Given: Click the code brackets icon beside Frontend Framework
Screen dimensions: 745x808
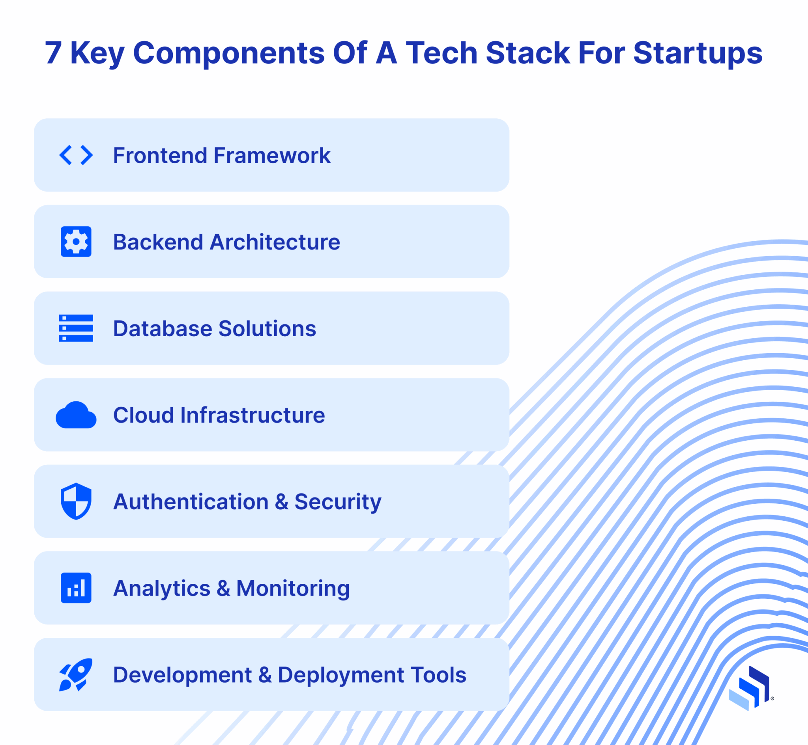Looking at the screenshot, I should point(76,155).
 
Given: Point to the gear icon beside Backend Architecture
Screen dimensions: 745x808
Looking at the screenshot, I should point(76,242).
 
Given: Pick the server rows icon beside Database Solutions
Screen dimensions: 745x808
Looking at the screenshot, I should point(76,328).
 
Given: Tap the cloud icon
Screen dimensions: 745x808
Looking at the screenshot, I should point(76,415).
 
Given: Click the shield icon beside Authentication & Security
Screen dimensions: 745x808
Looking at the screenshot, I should point(76,501).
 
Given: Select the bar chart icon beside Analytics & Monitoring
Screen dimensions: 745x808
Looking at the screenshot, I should point(76,588).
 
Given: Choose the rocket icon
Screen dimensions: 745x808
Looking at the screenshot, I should point(76,674).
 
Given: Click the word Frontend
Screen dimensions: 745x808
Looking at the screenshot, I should point(160,156).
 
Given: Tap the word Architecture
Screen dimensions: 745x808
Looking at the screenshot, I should point(275,242).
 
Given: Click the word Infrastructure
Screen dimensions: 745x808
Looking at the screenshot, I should point(252,415).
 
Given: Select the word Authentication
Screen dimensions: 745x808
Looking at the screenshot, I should point(191,502).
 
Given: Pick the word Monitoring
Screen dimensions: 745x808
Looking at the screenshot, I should point(293,589).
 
